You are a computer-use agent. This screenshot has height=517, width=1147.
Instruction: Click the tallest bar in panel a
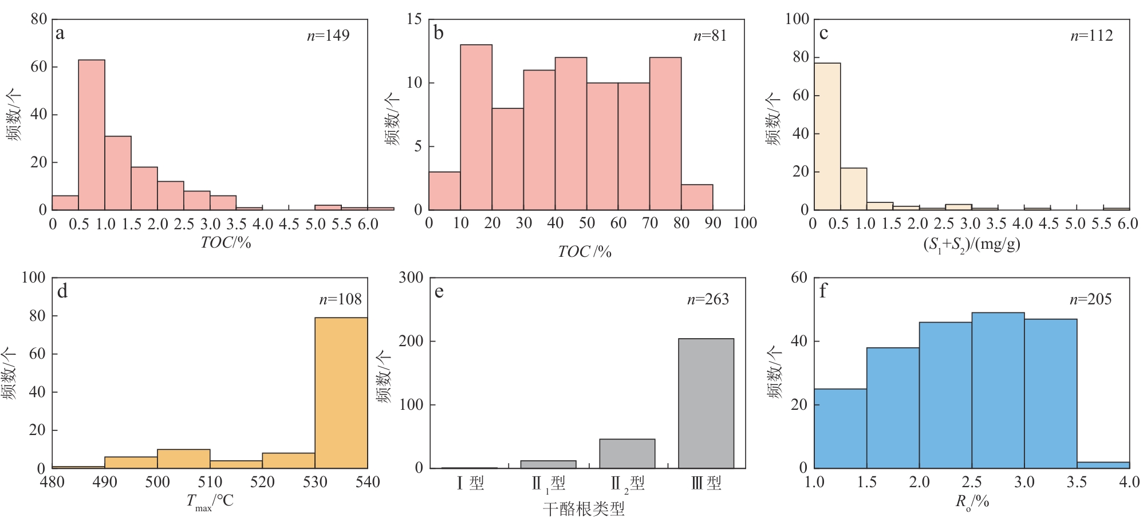[x=92, y=135]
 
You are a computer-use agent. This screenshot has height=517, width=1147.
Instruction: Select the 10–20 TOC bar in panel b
[x=476, y=127]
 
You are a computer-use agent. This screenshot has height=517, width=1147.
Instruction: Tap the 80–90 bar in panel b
[x=697, y=197]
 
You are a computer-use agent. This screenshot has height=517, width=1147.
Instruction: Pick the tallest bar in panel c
[x=827, y=136]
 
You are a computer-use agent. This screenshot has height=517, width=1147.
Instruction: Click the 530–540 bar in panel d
[x=341, y=393]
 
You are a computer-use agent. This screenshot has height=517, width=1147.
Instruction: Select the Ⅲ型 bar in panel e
[x=706, y=403]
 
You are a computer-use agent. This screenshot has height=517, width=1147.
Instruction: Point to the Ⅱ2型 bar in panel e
[x=627, y=453]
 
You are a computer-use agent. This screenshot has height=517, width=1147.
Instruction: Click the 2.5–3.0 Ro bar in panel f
[x=998, y=390]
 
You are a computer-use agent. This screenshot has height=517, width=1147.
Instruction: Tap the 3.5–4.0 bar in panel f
[x=1103, y=465]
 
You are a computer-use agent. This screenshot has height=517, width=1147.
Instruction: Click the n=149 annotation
[x=328, y=36]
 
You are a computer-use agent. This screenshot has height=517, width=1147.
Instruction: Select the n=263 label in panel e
[x=708, y=299]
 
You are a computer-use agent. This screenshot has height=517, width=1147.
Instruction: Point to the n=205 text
[x=1090, y=299]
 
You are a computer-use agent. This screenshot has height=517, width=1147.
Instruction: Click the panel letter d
[x=62, y=292]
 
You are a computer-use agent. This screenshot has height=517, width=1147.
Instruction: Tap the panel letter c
[x=823, y=33]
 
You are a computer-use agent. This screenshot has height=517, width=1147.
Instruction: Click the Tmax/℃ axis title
[x=210, y=502]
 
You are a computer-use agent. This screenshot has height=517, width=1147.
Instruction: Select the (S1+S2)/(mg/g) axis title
[x=971, y=245]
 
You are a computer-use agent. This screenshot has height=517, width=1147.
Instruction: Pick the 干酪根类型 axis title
[x=584, y=508]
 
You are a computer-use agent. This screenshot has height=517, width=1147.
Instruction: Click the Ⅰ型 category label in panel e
[x=470, y=483]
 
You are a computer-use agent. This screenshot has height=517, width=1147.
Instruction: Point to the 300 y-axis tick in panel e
[x=411, y=278]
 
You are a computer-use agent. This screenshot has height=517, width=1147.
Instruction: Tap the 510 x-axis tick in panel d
[x=210, y=482]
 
